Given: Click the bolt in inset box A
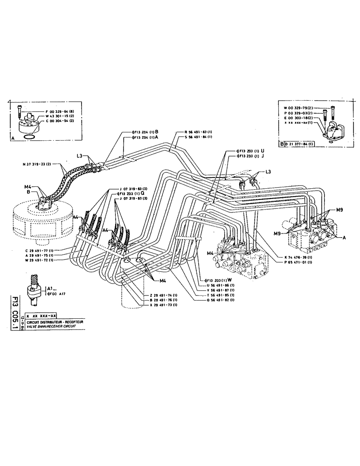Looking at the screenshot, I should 18,110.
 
